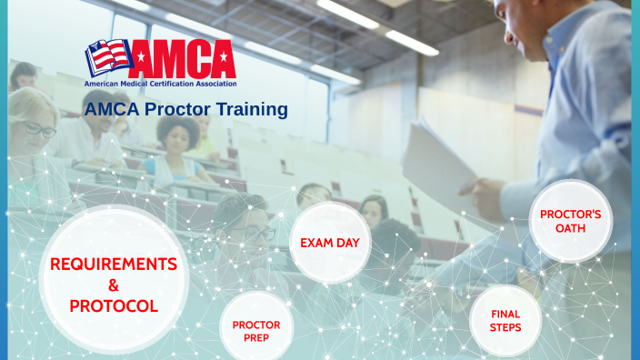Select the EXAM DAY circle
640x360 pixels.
pyautogui.click(x=329, y=243)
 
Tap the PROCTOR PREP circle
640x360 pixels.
pyautogui.click(x=256, y=330)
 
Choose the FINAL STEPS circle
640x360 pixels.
pyautogui.click(x=505, y=320)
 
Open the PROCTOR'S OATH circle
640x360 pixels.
pyautogui.click(x=570, y=221)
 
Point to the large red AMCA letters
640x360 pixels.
pyautogui.click(x=182, y=58)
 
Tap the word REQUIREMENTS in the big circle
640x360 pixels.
pyautogui.click(x=114, y=264)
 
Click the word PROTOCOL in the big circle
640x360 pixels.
pyautogui.click(x=114, y=306)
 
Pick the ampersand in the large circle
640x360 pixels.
pyautogui.click(x=114, y=285)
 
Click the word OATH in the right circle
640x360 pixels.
pyautogui.click(x=570, y=228)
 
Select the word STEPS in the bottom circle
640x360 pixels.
pyautogui.click(x=505, y=327)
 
